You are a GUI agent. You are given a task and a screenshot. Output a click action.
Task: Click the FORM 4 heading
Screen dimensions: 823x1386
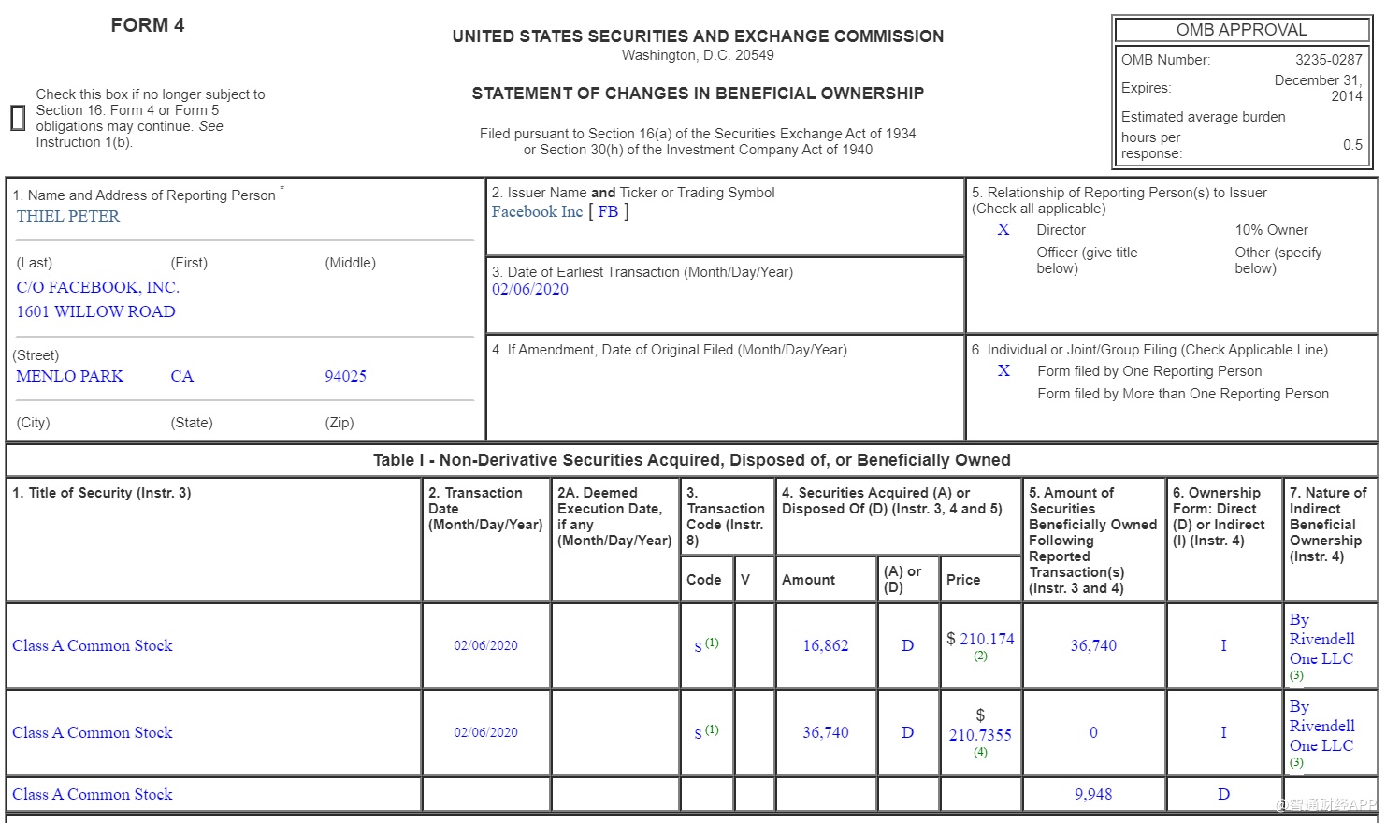tap(148, 25)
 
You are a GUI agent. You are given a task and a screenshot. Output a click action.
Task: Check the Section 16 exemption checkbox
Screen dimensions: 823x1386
tap(18, 118)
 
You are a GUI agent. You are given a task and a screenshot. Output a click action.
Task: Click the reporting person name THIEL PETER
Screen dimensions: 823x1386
tap(68, 216)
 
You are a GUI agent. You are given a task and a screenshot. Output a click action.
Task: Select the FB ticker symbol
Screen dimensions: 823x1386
tap(608, 211)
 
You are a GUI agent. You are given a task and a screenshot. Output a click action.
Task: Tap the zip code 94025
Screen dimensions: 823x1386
tap(345, 376)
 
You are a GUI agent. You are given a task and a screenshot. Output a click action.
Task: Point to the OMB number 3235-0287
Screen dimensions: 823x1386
tap(1328, 59)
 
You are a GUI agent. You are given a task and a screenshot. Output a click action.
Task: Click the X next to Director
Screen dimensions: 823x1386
tap(1003, 229)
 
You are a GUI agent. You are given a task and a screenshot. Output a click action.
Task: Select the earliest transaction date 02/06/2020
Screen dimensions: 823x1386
tap(530, 289)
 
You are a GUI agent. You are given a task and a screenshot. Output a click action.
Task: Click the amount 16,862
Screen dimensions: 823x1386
tap(826, 645)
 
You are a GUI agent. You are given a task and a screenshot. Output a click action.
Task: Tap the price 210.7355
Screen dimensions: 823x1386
tap(980, 735)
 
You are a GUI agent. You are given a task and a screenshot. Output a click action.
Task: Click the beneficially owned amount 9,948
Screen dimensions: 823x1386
tap(1093, 794)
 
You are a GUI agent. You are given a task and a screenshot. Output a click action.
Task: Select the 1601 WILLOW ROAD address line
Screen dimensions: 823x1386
tap(95, 311)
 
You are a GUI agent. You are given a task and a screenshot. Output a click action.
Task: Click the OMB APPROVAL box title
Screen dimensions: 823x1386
tap(1241, 30)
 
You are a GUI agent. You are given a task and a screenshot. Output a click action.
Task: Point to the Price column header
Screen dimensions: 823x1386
tap(963, 580)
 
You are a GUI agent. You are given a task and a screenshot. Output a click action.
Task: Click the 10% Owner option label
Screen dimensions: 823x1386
tap(1271, 230)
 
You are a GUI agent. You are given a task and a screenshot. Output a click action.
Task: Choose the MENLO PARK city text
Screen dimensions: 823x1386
tap(70, 376)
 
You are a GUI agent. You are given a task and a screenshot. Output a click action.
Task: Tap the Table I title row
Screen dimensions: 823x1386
tap(691, 460)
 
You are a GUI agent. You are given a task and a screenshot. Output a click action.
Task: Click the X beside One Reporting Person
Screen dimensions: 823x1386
tap(1003, 370)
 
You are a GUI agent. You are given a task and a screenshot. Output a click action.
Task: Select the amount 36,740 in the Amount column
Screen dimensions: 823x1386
tap(826, 732)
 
